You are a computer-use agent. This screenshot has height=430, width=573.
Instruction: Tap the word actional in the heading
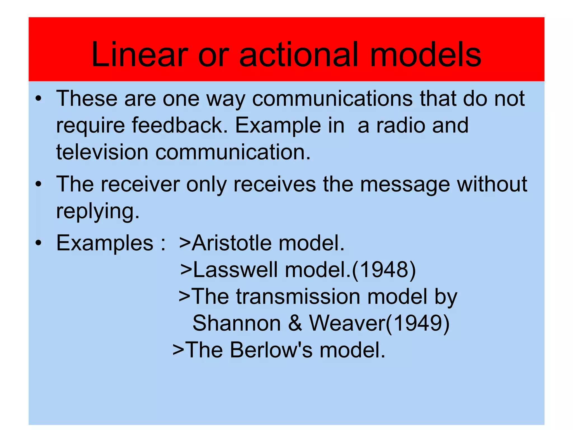pyautogui.click(x=298, y=55)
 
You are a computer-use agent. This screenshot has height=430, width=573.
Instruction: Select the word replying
pyautogui.click(x=98, y=212)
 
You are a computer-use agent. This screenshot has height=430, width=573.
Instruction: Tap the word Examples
pyautogui.click(x=105, y=243)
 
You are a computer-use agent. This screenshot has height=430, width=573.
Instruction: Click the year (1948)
pyautogui.click(x=384, y=270)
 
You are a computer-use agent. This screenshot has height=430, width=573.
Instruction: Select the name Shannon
pyautogui.click(x=236, y=323)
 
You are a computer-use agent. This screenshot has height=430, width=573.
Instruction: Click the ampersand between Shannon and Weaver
pyautogui.click(x=295, y=323)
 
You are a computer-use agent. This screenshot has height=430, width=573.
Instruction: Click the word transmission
pyautogui.click(x=298, y=296)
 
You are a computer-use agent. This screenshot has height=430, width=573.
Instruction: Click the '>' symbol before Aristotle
pyautogui.click(x=185, y=243)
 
